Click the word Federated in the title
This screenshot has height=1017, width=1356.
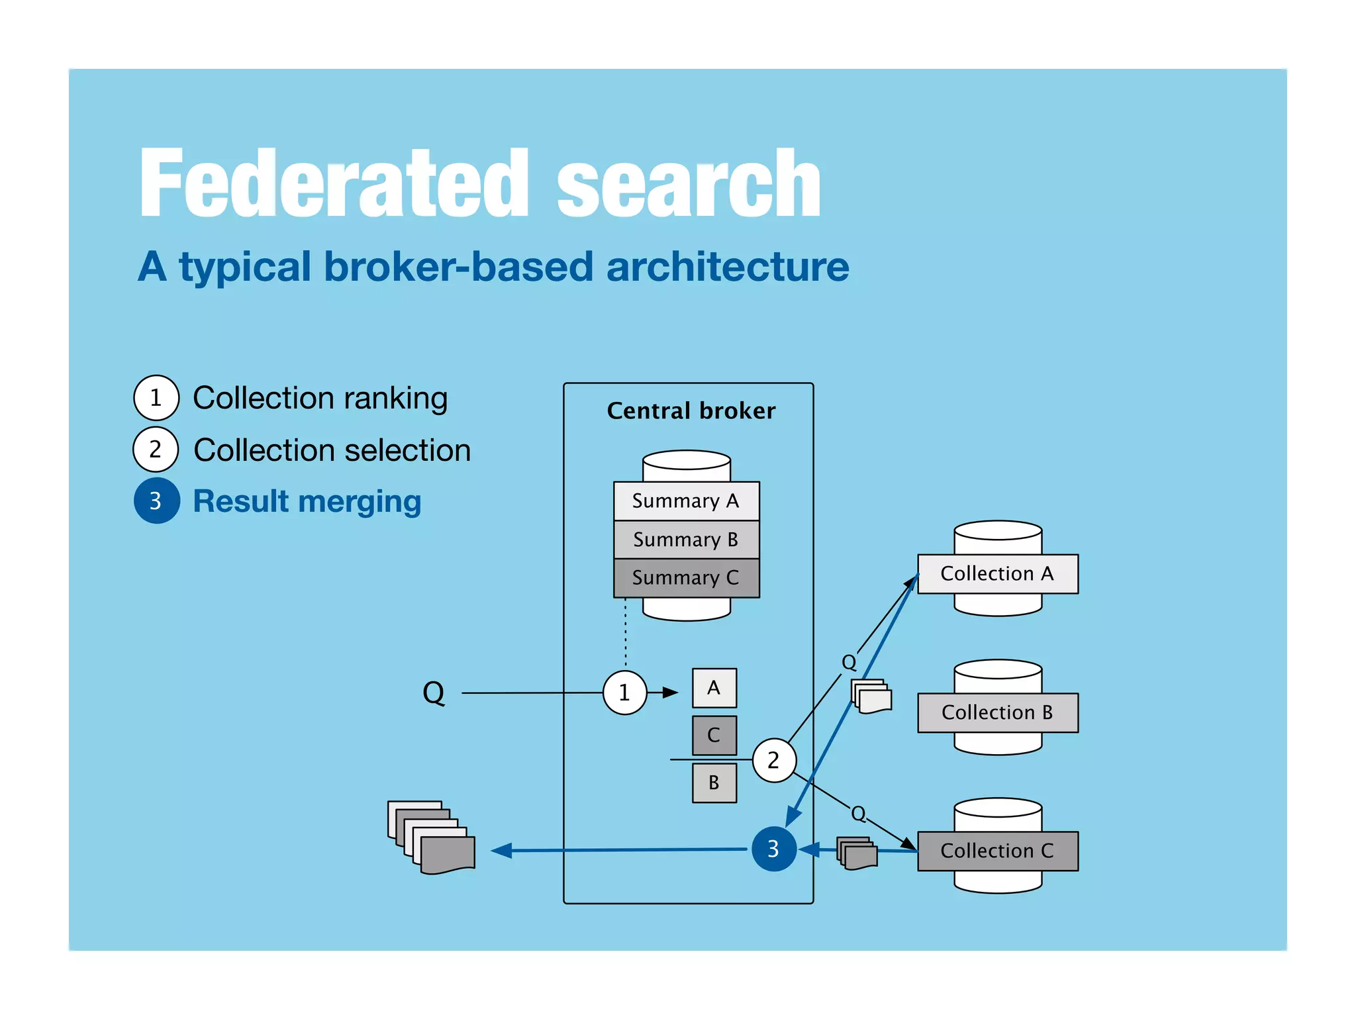click(x=334, y=183)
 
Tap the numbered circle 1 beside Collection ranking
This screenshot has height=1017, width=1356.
click(x=156, y=398)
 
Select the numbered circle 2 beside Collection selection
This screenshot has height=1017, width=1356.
click(x=156, y=450)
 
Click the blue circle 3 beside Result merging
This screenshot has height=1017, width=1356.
click(x=157, y=501)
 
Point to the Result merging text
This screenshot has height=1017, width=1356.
click(x=307, y=501)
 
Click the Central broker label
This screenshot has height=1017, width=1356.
click(x=691, y=411)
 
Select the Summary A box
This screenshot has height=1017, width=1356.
click(x=686, y=501)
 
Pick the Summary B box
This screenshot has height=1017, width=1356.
click(x=686, y=540)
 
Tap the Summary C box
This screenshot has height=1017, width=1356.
click(x=686, y=578)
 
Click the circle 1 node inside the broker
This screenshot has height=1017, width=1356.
click(x=624, y=693)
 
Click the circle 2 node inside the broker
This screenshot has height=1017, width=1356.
click(x=773, y=760)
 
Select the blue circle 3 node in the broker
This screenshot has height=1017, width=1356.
click(x=773, y=849)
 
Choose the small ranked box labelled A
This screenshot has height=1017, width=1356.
click(x=714, y=688)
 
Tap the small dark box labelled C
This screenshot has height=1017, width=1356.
click(x=714, y=735)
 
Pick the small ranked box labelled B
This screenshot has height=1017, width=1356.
click(x=714, y=783)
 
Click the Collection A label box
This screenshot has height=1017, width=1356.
click(x=997, y=574)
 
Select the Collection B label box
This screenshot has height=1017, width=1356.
click(x=997, y=712)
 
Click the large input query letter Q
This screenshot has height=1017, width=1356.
click(x=434, y=693)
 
